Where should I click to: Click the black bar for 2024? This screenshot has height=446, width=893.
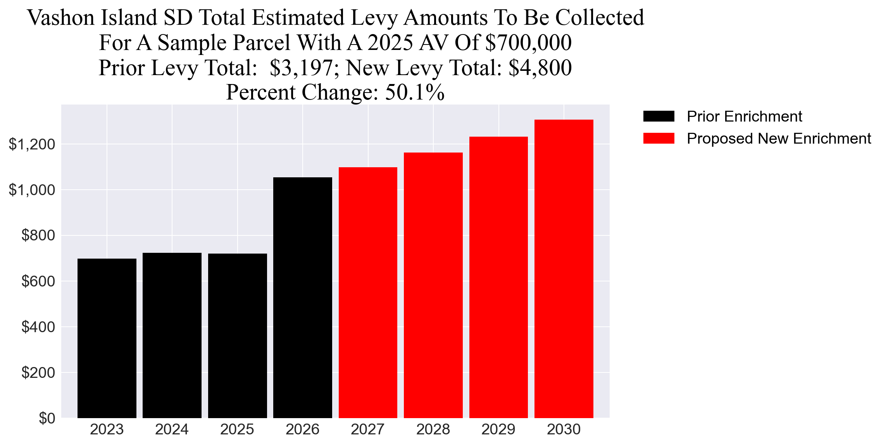click(172, 335)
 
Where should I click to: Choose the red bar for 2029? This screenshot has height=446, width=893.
click(498, 277)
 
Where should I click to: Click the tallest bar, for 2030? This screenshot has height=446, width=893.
click(564, 269)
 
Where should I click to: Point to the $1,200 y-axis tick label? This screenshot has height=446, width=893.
click(32, 144)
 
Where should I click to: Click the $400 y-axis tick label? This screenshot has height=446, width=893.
click(38, 327)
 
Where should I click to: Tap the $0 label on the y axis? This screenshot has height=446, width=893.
click(47, 419)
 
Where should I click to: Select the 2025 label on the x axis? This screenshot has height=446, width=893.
click(237, 430)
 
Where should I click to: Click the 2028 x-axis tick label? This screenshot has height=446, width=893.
click(433, 430)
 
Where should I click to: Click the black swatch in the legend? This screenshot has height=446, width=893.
click(659, 116)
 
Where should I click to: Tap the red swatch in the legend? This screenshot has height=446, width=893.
click(659, 138)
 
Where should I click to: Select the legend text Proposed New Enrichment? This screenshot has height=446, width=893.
click(779, 139)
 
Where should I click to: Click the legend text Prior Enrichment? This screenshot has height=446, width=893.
click(744, 117)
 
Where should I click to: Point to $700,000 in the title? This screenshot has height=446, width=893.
click(528, 43)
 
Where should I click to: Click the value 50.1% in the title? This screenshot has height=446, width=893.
click(415, 93)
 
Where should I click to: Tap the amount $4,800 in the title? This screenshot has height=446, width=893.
click(540, 68)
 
